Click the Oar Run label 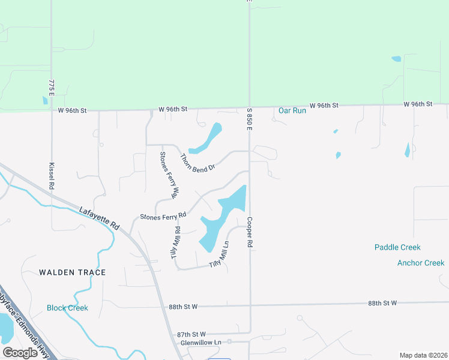coord(292,110)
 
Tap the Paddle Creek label coord(397,247)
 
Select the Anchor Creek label coord(421,263)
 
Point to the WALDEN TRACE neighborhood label coord(72,272)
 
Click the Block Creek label coord(67,308)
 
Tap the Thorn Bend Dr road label coord(197,163)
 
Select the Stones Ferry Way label coord(169,175)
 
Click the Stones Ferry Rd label coord(163,215)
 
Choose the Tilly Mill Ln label coord(219,255)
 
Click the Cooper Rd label coord(250,233)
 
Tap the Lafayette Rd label coord(100,217)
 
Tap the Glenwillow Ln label coord(201,342)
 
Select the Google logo coord(20,353)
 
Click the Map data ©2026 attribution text coord(424,355)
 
